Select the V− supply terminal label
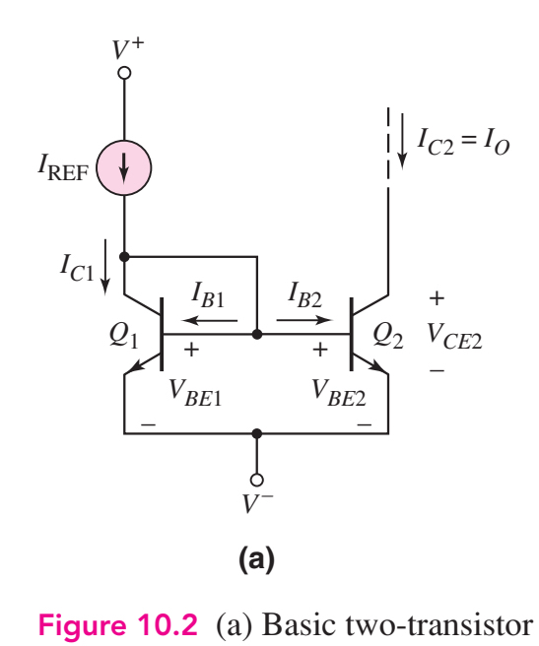point(258,503)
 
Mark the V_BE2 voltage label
point(340,386)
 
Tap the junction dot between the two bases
point(257,335)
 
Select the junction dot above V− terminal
point(257,432)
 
